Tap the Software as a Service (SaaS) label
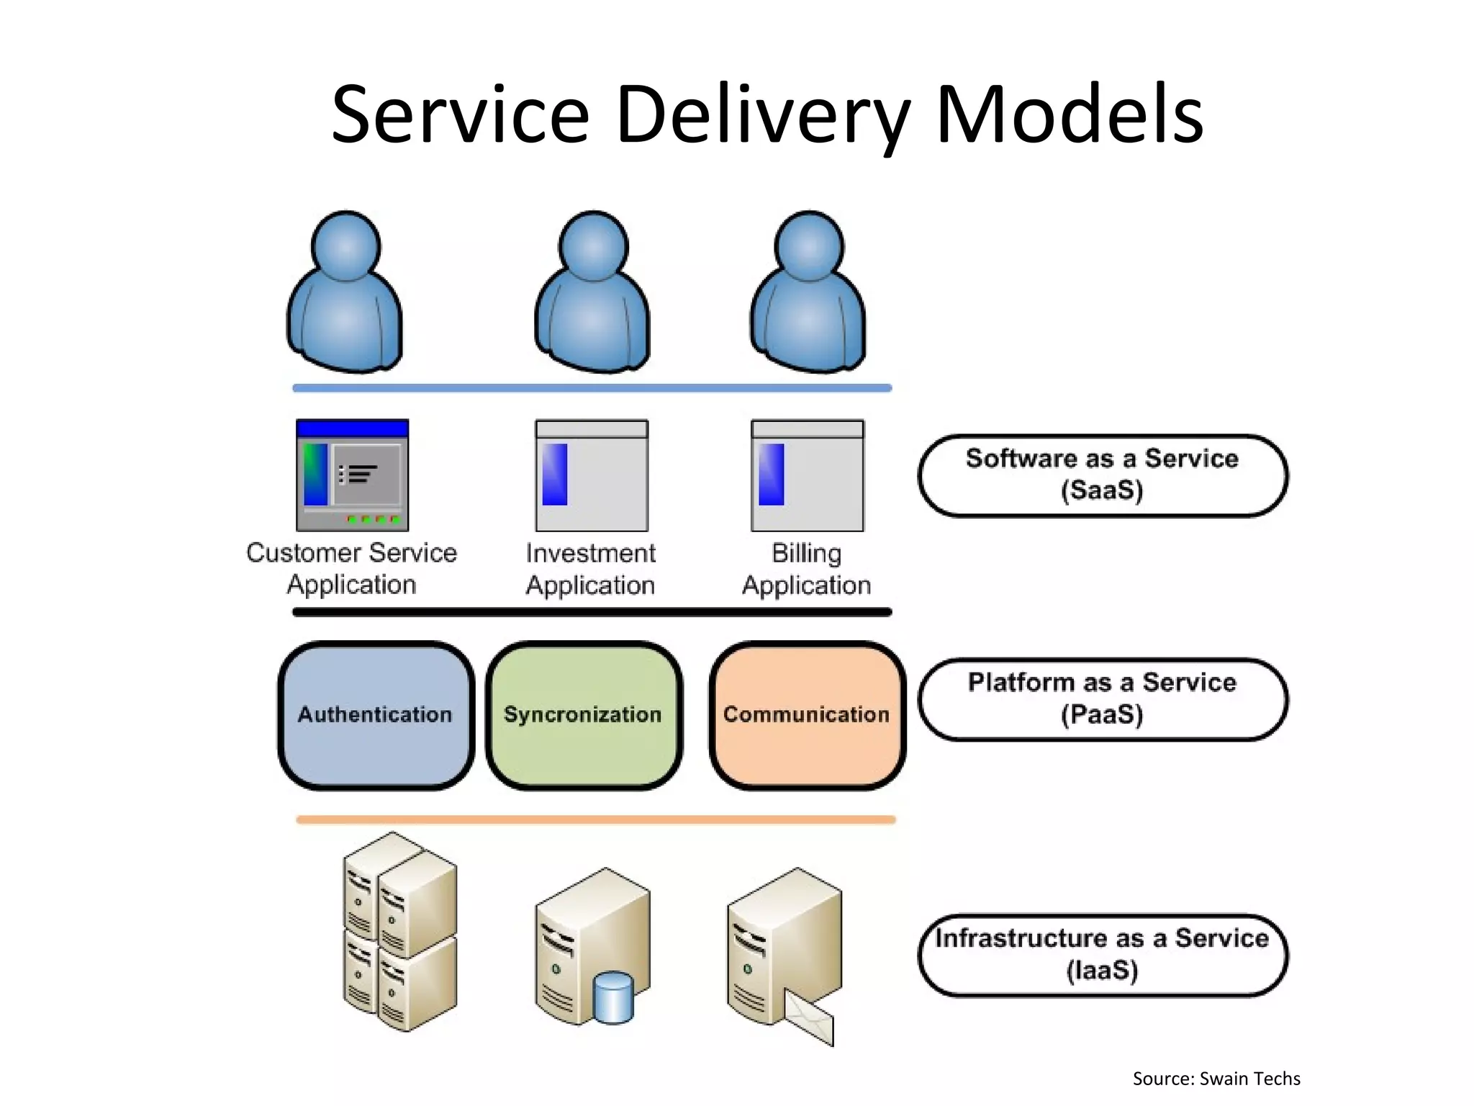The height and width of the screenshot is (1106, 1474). [x=1102, y=475]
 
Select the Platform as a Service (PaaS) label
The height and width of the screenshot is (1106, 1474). [x=1102, y=698]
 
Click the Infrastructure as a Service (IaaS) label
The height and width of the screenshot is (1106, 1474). [x=1102, y=955]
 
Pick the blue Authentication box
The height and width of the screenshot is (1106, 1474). [x=375, y=715]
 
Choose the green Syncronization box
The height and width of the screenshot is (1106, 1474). [x=583, y=715]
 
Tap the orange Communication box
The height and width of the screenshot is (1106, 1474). [x=806, y=715]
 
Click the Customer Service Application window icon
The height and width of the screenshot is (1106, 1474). [x=352, y=475]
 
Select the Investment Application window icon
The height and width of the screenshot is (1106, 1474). [x=592, y=475]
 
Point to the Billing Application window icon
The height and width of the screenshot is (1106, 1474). [x=807, y=475]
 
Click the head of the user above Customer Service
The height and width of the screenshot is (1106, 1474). [x=345, y=246]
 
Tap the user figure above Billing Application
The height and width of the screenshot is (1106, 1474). [x=808, y=295]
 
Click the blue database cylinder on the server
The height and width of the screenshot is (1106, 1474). [x=613, y=997]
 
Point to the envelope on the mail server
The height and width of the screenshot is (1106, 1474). [x=810, y=1017]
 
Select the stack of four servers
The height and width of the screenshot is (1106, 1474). [x=399, y=932]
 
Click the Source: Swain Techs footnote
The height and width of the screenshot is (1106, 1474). [x=1216, y=1079]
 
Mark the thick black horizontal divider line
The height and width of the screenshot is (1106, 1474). [x=592, y=613]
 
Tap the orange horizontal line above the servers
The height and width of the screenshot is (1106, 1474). [x=595, y=819]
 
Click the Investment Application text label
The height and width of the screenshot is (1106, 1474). [x=590, y=569]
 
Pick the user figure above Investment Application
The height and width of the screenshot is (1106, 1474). [x=592, y=295]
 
